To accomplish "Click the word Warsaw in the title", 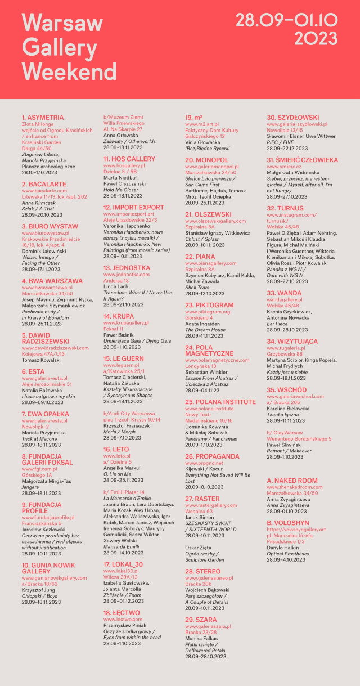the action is (x=62, y=23).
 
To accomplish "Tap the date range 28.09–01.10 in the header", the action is (x=286, y=21).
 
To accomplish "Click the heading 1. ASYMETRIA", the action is (x=42, y=118).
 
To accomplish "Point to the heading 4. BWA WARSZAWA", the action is (x=52, y=280).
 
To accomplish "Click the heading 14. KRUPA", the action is (x=119, y=316).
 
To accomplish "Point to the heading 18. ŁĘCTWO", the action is (x=121, y=612).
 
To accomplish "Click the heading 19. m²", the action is (x=194, y=118).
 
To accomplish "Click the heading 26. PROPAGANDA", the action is (x=212, y=456).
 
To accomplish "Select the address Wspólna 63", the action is (x=201, y=512).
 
